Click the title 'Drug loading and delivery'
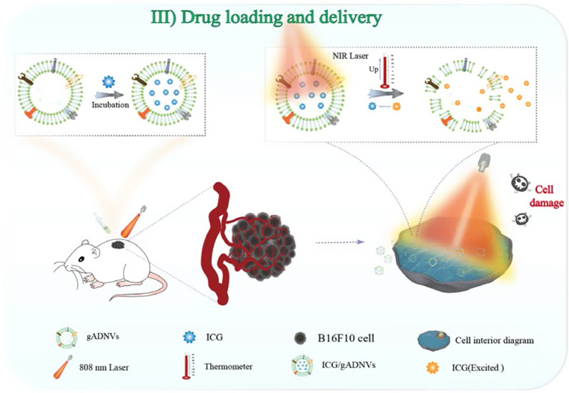281,17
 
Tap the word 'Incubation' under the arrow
110,105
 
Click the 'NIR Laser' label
350,56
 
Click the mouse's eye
81,259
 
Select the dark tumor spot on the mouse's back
118,245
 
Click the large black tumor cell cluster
263,247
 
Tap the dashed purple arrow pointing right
340,242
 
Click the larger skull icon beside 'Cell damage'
519,182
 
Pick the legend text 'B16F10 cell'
346,338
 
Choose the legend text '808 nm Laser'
104,367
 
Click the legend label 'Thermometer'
228,366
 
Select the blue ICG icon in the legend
189,337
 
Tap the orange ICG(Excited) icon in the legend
432,367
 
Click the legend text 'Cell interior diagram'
494,340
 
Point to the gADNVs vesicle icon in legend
66,338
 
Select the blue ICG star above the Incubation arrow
108,82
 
